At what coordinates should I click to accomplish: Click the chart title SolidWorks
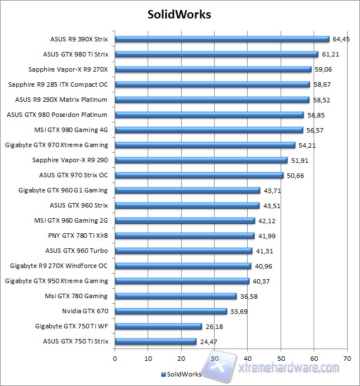[179, 13]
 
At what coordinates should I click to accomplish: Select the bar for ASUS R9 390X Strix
[222, 39]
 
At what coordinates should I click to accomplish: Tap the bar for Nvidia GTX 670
[170, 311]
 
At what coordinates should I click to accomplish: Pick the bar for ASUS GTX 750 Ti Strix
[155, 341]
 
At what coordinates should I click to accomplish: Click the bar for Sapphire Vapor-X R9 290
[201, 160]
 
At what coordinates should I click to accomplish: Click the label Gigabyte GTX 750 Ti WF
[72, 326]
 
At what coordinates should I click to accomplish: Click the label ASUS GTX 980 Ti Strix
[75, 54]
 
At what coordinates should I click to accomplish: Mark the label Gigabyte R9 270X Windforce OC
[59, 266]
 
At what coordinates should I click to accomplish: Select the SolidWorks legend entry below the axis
[182, 374]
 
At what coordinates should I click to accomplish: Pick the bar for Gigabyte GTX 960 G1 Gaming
[187, 190]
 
